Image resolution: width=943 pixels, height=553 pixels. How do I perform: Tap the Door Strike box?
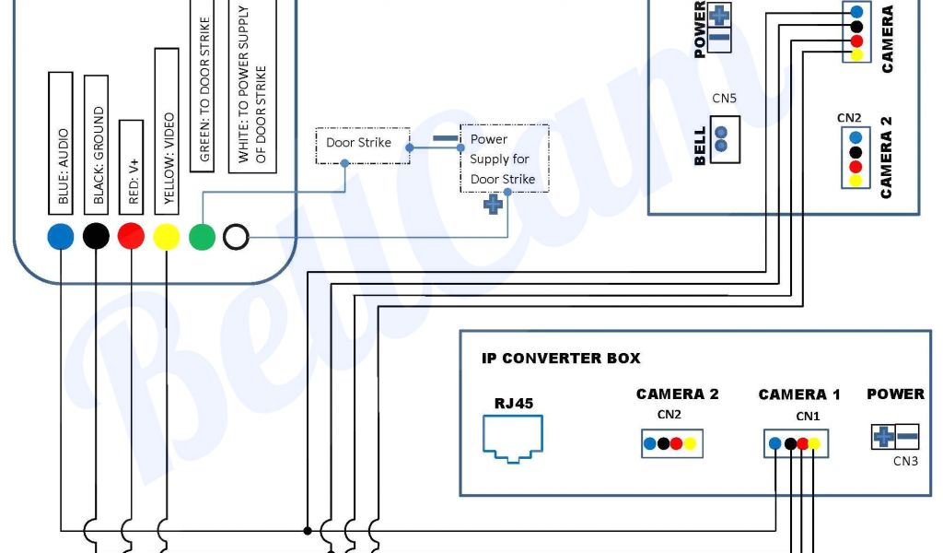[x=359, y=144]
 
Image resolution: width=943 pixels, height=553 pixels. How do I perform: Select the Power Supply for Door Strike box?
[x=504, y=159]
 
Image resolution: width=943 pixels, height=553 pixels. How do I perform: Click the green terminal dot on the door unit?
[x=202, y=237]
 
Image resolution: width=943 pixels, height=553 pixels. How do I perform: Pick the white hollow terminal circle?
[x=236, y=237]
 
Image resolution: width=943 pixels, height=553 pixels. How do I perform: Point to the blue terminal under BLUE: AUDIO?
[x=61, y=237]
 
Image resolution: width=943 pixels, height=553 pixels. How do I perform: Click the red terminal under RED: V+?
[x=132, y=237]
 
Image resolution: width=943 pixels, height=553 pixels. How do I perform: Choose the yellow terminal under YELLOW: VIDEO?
[x=167, y=237]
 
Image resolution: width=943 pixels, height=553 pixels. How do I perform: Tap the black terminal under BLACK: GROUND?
[x=96, y=237]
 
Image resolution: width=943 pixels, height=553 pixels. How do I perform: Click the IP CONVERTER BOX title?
[x=561, y=359]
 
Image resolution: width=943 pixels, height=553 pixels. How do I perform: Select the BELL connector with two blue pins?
[x=723, y=139]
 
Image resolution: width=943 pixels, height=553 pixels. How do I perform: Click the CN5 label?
[x=724, y=99]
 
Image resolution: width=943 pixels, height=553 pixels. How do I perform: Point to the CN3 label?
[x=905, y=461]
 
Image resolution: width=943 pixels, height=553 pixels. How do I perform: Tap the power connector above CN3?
[x=895, y=437]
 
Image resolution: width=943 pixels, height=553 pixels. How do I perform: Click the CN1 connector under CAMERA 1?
[x=796, y=443]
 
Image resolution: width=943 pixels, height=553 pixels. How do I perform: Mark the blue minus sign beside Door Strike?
[x=446, y=142]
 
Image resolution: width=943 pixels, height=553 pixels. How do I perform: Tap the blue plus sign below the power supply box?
[x=493, y=204]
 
